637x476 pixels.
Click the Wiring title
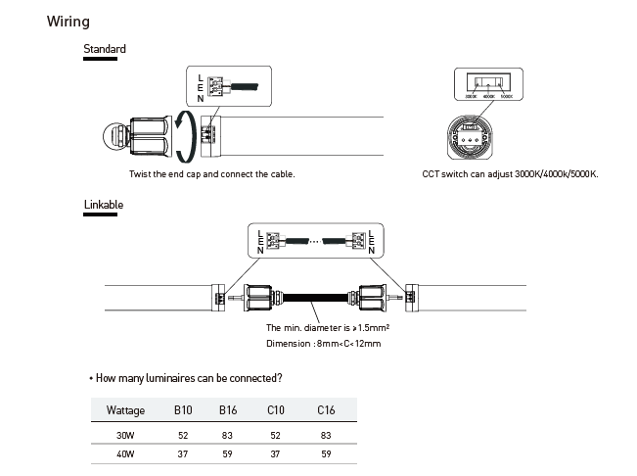click(x=68, y=22)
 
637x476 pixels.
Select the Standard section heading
click(x=104, y=49)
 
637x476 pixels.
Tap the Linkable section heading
click(x=104, y=205)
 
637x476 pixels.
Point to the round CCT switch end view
click(x=477, y=137)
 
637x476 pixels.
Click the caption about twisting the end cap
click(x=211, y=174)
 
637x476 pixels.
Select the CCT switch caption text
click(x=510, y=174)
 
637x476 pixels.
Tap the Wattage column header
click(x=125, y=409)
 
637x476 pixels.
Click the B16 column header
click(x=228, y=409)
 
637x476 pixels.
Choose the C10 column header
click(x=276, y=409)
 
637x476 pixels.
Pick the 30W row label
click(x=125, y=435)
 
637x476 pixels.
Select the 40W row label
click(x=125, y=454)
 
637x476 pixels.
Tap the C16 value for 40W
click(x=325, y=454)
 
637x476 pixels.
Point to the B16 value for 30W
click(x=228, y=435)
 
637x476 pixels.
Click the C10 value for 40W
click(x=276, y=454)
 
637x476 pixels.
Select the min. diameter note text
click(x=329, y=327)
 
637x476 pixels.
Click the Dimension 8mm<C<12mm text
click(x=323, y=344)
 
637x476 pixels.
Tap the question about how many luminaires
click(x=188, y=377)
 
